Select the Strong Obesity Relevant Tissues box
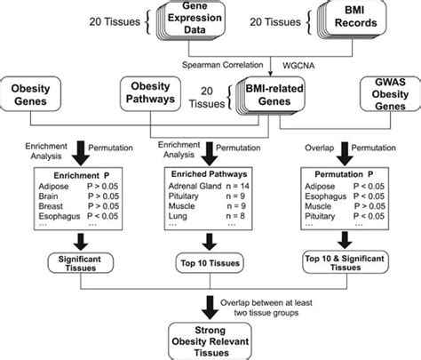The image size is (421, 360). coord(211,340)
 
